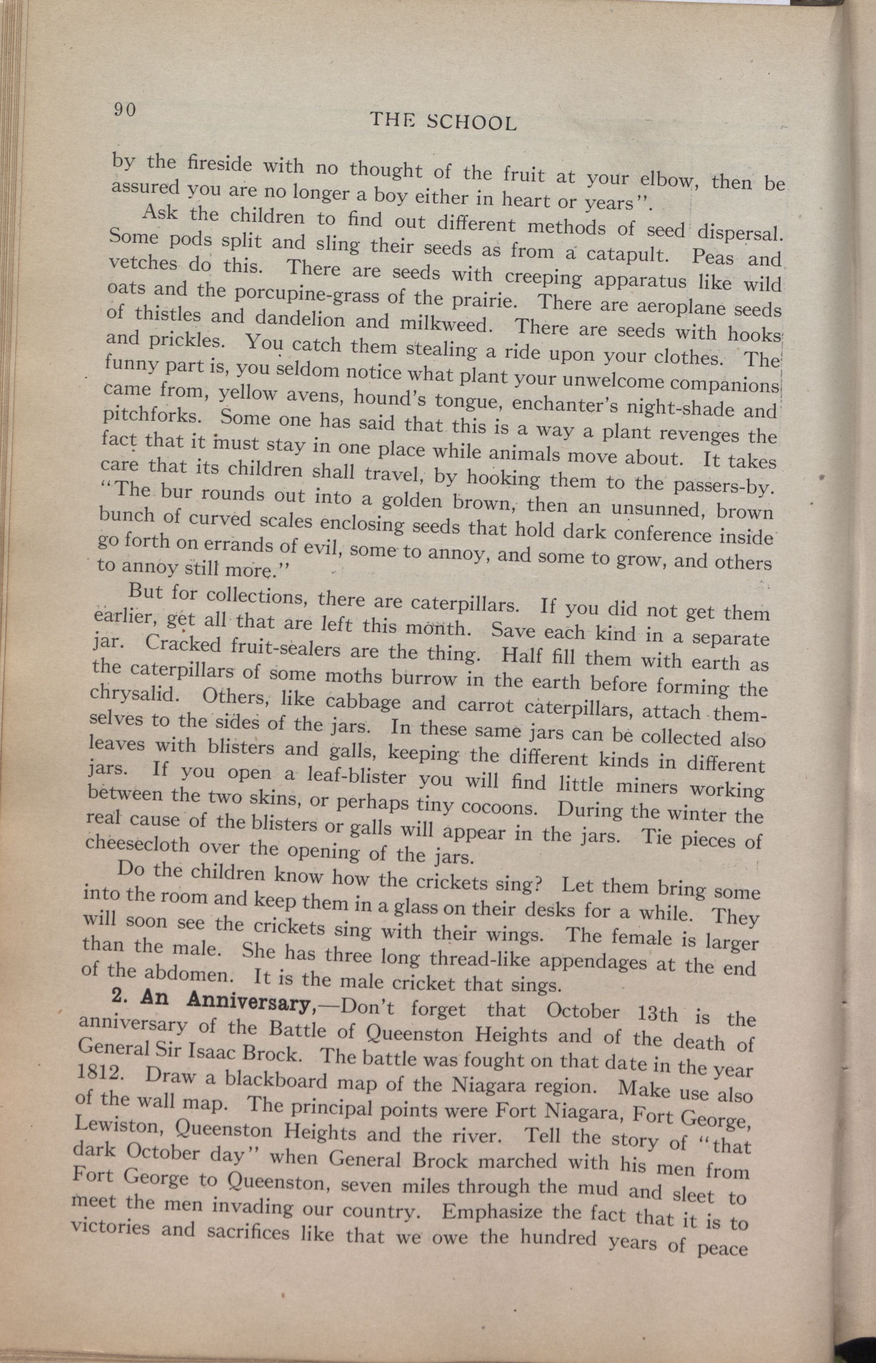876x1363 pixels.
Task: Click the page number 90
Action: [x=124, y=109]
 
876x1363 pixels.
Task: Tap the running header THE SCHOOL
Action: [x=443, y=120]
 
